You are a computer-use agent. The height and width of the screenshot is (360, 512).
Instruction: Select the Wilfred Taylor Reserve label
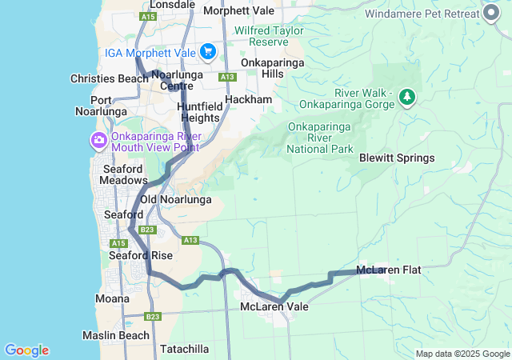(x=273, y=35)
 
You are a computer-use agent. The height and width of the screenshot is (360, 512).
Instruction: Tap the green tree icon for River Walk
(x=408, y=97)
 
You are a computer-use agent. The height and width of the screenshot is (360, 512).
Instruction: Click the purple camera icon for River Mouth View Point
(x=99, y=142)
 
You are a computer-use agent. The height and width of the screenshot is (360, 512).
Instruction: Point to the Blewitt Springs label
(x=397, y=158)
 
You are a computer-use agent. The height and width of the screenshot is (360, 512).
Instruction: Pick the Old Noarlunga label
(x=176, y=199)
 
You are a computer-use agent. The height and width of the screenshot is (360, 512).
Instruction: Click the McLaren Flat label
(x=389, y=270)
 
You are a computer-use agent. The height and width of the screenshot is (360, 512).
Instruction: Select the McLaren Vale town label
(x=274, y=306)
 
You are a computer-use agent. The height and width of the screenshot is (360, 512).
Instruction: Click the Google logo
(x=26, y=350)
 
